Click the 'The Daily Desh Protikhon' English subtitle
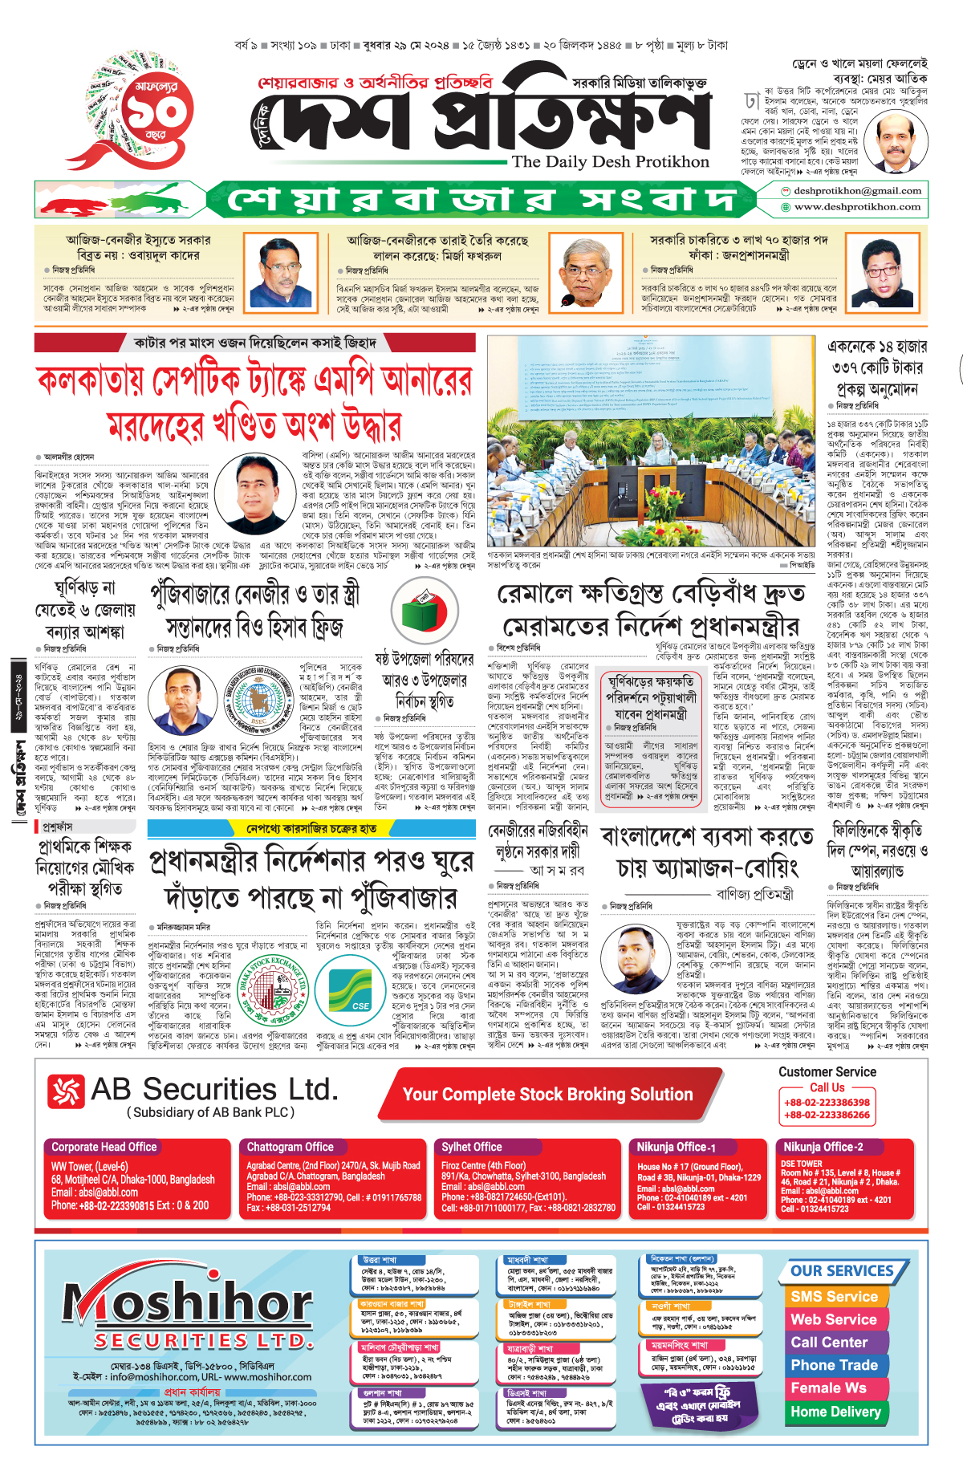(610, 161)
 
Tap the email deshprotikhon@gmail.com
(857, 191)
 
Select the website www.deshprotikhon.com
(857, 207)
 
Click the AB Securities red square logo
(66, 1091)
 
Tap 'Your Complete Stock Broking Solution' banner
(547, 1095)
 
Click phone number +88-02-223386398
(827, 1103)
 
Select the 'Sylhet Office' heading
(472, 1147)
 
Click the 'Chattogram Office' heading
(290, 1147)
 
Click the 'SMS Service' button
(834, 1297)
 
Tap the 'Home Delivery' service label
(835, 1411)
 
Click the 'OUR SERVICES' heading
(842, 1271)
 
